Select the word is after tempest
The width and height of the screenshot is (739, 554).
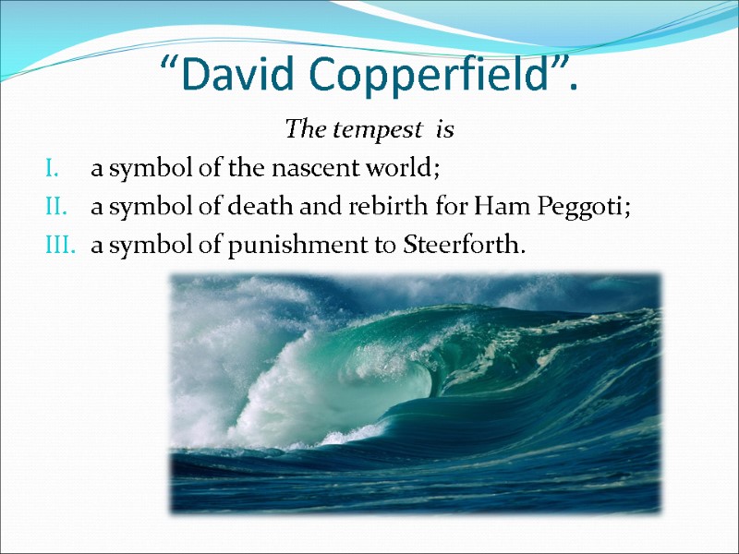click(445, 130)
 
